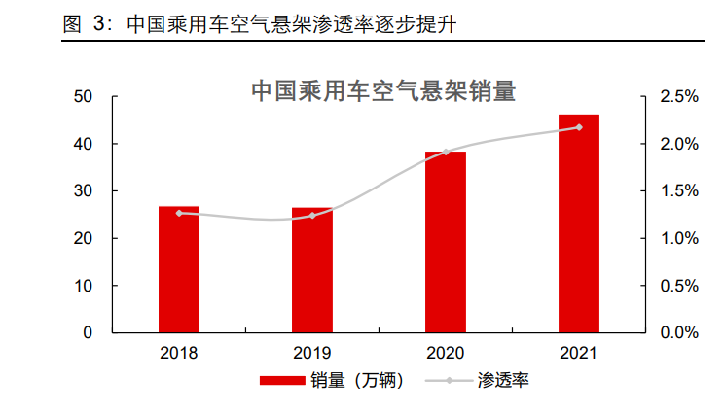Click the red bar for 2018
click(x=179, y=269)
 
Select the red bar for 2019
click(x=312, y=270)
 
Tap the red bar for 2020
click(x=446, y=242)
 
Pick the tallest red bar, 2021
click(x=579, y=223)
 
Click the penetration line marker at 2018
click(x=179, y=213)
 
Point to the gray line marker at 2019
click(x=312, y=215)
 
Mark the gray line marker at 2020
click(x=446, y=153)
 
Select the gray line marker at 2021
click(x=579, y=127)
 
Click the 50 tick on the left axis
click(x=83, y=97)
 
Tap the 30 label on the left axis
click(x=83, y=190)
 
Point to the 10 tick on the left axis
click(x=83, y=286)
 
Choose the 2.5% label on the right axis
click(x=679, y=97)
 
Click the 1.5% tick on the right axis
click(x=679, y=190)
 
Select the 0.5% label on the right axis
click(x=679, y=286)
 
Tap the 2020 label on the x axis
click(x=446, y=353)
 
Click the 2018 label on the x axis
click(x=179, y=353)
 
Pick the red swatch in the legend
click(x=282, y=381)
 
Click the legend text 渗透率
click(x=503, y=381)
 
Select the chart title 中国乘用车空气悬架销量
click(x=383, y=90)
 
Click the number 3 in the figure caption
click(x=99, y=24)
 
